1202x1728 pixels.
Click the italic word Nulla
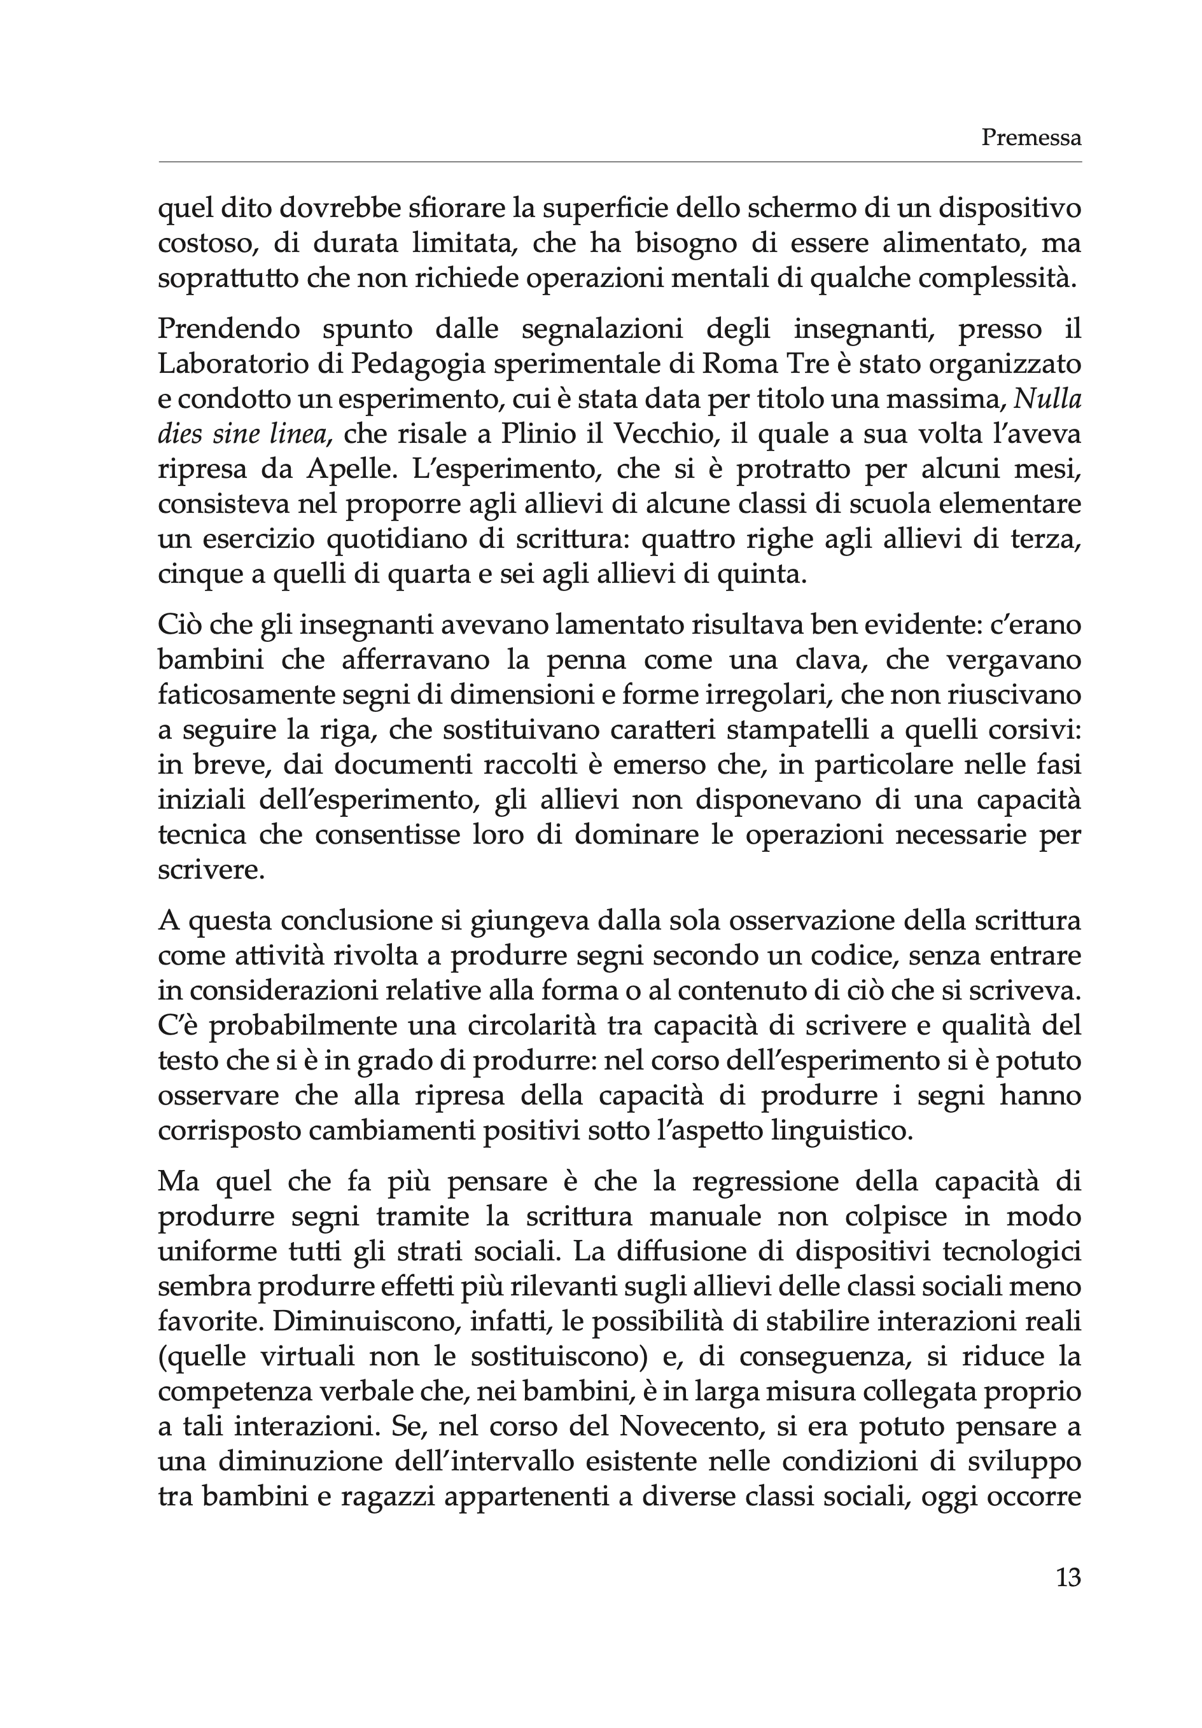point(1047,399)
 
